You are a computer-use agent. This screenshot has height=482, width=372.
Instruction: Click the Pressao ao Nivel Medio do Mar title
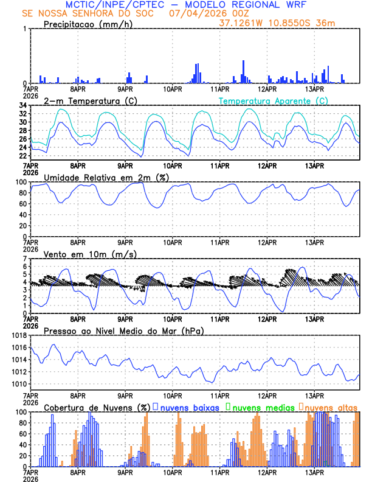123,330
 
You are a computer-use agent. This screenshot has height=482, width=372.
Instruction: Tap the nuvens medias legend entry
257,407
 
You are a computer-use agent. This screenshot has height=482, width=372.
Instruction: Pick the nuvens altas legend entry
328,407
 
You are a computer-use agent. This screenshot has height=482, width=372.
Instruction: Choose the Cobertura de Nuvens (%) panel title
97,407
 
